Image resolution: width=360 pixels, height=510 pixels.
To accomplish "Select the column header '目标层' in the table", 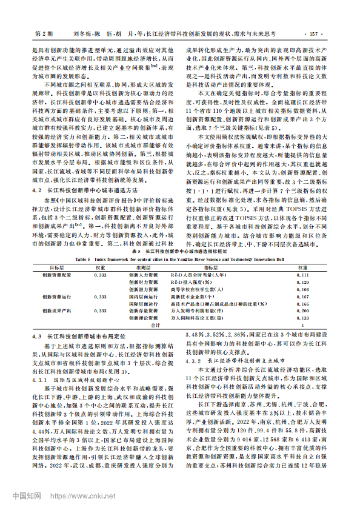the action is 57,266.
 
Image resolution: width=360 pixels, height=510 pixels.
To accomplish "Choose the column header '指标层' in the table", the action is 212,266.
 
